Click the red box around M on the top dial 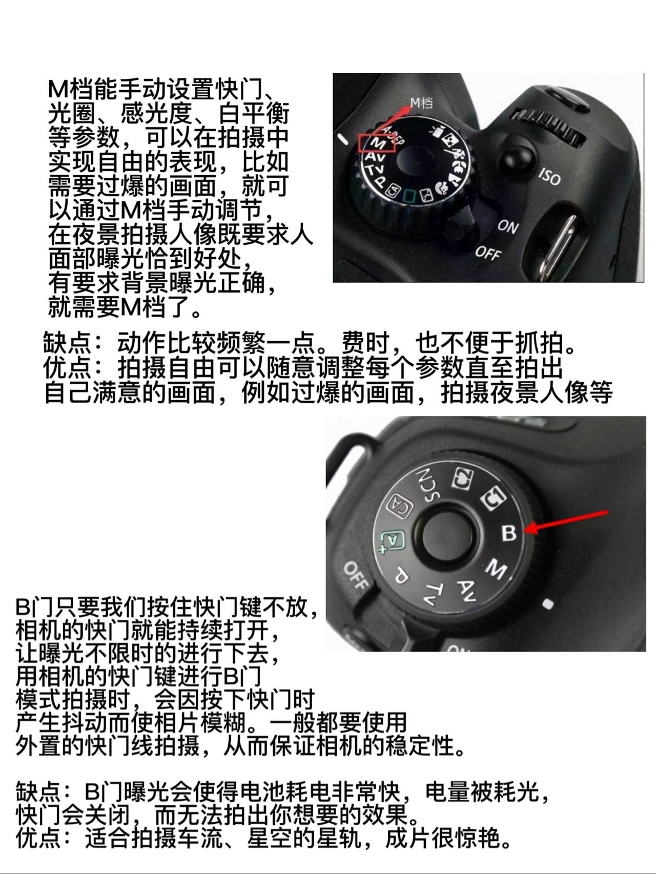[x=377, y=143]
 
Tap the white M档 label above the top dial [x=421, y=103]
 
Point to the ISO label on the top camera [x=549, y=176]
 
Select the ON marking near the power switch [x=508, y=226]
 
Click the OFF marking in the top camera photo [x=487, y=252]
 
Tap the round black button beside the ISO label [x=517, y=159]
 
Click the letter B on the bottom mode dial [x=509, y=533]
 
